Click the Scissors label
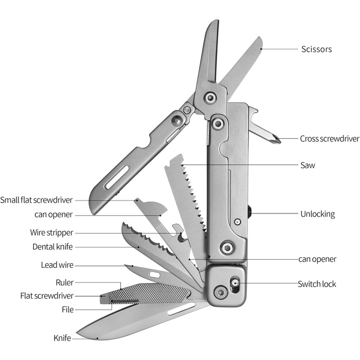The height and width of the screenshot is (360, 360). [x=316, y=49]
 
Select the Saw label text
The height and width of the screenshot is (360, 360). [x=308, y=166]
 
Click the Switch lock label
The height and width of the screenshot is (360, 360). [x=317, y=284]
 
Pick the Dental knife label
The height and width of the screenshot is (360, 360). [x=52, y=246]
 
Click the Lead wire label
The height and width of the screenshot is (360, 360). [x=57, y=265]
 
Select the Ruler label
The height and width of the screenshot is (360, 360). [x=64, y=282]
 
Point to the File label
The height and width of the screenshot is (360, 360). [x=67, y=310]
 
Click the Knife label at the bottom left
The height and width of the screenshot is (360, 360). [x=62, y=338]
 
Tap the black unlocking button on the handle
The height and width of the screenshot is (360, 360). [x=249, y=212]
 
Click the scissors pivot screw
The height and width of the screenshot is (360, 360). [x=209, y=98]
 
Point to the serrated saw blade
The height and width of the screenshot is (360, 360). [x=185, y=201]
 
